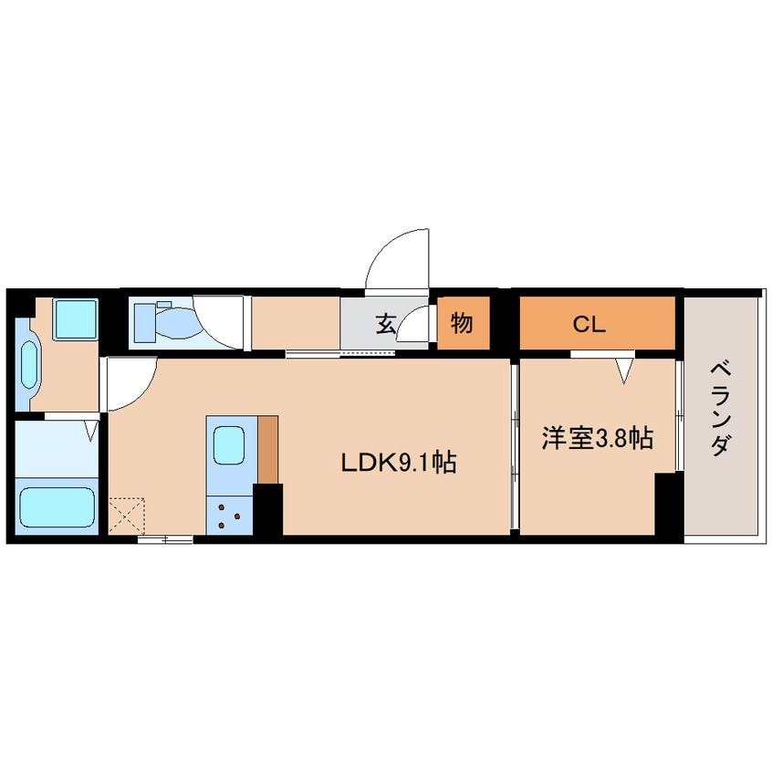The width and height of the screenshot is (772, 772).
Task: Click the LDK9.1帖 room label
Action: click(x=399, y=463)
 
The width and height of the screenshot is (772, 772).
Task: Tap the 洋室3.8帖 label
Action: click(x=597, y=438)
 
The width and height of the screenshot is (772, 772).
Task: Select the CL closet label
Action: click(x=589, y=324)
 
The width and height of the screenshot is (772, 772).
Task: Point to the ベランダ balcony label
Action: click(x=720, y=409)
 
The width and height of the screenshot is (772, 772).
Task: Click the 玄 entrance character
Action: click(x=386, y=323)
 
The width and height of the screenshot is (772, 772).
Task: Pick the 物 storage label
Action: click(x=462, y=323)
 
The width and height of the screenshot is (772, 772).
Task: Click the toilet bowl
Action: click(x=175, y=323)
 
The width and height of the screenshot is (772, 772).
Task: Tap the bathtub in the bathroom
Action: click(x=57, y=507)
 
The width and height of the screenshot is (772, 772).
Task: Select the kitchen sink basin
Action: click(x=229, y=445)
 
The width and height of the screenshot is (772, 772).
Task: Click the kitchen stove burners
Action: click(x=229, y=516)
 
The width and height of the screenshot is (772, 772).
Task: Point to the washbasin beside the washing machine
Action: click(x=29, y=364)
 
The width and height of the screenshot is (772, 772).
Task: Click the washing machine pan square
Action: click(x=76, y=319)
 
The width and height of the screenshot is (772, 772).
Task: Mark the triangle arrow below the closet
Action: click(x=624, y=371)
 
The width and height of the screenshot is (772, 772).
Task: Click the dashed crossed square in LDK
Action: click(x=127, y=516)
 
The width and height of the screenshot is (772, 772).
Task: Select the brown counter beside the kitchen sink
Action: click(x=268, y=449)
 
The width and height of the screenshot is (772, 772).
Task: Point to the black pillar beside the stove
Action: click(x=268, y=509)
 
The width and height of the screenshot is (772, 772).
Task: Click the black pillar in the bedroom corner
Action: click(x=669, y=503)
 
